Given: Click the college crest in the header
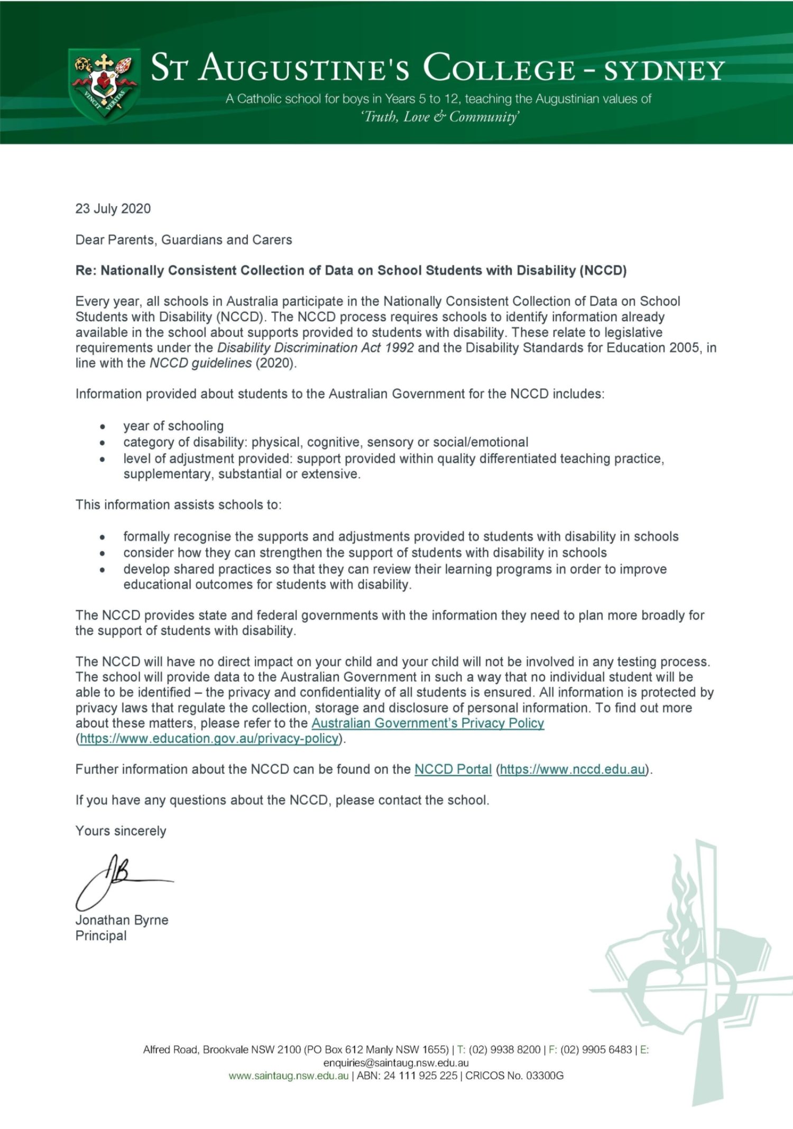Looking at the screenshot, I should pyautogui.click(x=104, y=85).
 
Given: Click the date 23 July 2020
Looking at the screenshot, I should pyautogui.click(x=113, y=209).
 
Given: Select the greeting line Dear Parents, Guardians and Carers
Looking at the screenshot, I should pyautogui.click(x=183, y=240).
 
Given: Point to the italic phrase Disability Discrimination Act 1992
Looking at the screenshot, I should pyautogui.click(x=316, y=348).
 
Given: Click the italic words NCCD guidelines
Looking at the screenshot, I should pyautogui.click(x=201, y=363).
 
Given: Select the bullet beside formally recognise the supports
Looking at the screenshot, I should pyautogui.click(x=103, y=537).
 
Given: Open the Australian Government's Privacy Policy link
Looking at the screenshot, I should pyautogui.click(x=428, y=723).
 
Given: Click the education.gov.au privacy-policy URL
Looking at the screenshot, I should pyautogui.click(x=209, y=739).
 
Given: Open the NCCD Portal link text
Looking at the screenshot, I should pyautogui.click(x=453, y=770).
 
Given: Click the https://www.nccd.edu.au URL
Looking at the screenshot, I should pyautogui.click(x=573, y=770).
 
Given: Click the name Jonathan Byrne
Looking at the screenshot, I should pyautogui.click(x=122, y=920).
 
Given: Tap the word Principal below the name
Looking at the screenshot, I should pyautogui.click(x=101, y=936).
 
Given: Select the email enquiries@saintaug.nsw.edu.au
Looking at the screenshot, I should pyautogui.click(x=396, y=1063).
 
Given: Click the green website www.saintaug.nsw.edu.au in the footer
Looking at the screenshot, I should pyautogui.click(x=289, y=1076).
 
